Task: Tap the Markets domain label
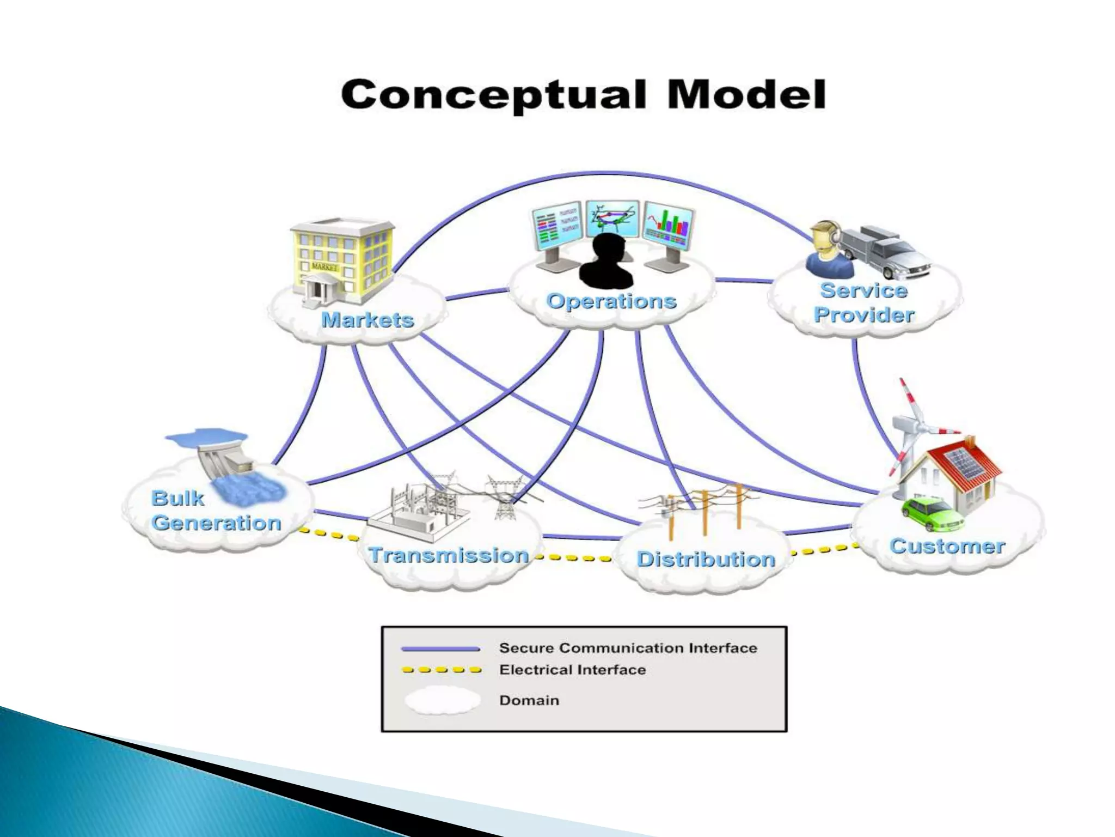tap(367, 320)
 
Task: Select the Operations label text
tap(611, 301)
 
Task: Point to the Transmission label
tap(449, 555)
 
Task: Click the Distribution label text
tap(706, 559)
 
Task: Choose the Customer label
tap(947, 546)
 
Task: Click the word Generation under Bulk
tap(216, 523)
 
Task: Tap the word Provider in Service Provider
tap(864, 315)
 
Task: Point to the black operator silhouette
tap(606, 262)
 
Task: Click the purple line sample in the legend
tap(440, 648)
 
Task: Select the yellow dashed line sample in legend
tap(442, 670)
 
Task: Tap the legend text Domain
tap(529, 700)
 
